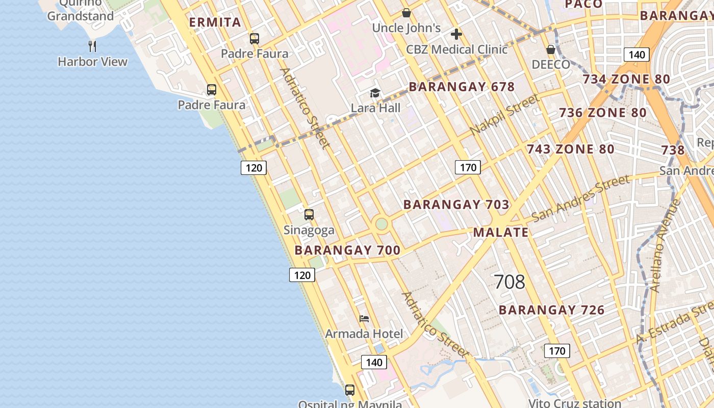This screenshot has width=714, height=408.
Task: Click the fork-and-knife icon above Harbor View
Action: point(92,46)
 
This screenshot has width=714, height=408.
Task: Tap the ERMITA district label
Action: point(215,22)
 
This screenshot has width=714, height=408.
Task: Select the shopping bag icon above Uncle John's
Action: point(406,13)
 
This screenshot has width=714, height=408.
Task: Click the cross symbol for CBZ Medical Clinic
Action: point(456,34)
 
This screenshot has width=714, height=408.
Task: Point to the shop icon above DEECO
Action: point(551,49)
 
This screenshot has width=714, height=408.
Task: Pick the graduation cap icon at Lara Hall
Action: point(375,93)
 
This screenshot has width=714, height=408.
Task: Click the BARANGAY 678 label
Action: point(462,87)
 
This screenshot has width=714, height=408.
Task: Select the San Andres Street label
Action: point(580,198)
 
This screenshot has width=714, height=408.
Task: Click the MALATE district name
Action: point(501,233)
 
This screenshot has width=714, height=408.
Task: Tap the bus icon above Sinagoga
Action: point(309,215)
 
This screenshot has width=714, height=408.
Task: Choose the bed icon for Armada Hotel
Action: point(364,319)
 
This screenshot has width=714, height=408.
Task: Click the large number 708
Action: point(509,282)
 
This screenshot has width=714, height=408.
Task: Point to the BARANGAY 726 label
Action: point(551,310)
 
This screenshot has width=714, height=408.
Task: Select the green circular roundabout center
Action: point(381,224)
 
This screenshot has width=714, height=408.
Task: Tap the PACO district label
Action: point(584,4)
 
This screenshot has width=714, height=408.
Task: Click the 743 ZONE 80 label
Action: point(570,149)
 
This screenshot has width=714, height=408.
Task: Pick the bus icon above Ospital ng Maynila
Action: point(350,390)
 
